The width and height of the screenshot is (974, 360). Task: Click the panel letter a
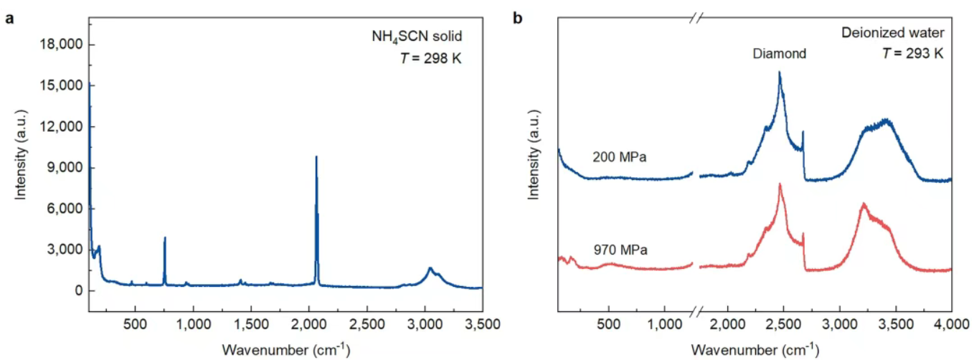[x=9, y=19]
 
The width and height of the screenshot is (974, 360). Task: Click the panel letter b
[x=518, y=19]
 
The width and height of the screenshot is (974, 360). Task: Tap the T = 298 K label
[x=431, y=58]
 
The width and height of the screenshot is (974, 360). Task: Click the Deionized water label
[x=901, y=32]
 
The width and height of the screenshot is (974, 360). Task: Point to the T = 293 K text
[x=913, y=53]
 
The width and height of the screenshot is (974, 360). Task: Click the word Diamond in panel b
[x=780, y=53]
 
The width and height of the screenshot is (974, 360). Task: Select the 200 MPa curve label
[x=620, y=156]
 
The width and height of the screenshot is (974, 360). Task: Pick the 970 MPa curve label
[x=620, y=250]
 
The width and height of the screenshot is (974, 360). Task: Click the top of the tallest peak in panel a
[x=316, y=156]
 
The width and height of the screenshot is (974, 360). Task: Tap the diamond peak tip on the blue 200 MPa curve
[x=779, y=72]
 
